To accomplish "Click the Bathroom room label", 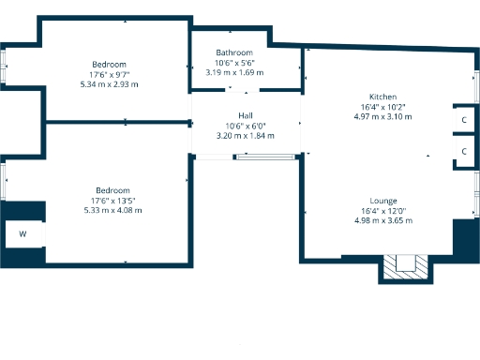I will click(x=233, y=52).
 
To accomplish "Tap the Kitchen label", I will click(x=382, y=97).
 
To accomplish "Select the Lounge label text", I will click(x=382, y=201).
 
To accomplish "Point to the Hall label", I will click(x=244, y=115).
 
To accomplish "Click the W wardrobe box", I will click(x=22, y=233).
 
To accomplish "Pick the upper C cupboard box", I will click(x=464, y=120).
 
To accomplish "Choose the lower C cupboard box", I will click(x=464, y=150).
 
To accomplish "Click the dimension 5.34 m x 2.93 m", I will click(x=110, y=84).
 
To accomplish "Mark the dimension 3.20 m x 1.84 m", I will click(x=245, y=136).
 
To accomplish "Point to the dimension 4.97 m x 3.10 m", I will click(x=382, y=117).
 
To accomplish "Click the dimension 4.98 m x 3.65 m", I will click(x=382, y=220).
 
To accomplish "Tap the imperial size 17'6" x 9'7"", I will click(x=110, y=74).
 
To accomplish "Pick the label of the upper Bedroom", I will click(x=110, y=64).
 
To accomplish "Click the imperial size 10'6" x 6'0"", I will click(x=245, y=126).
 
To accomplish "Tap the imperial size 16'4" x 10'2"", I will click(x=382, y=108).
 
